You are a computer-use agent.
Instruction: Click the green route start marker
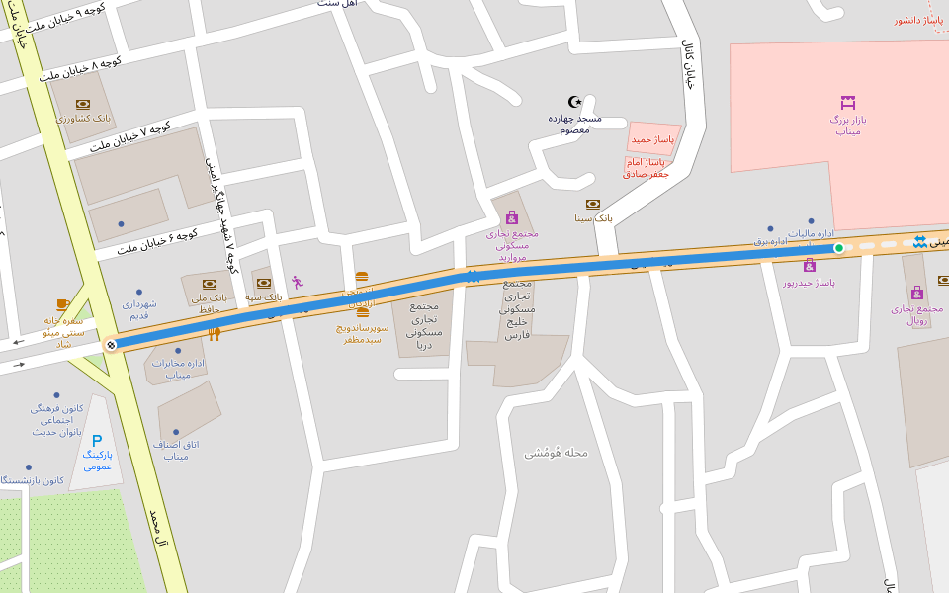click(x=838, y=248)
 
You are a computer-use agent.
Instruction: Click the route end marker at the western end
click(x=111, y=345)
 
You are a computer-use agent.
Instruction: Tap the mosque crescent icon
click(x=575, y=101)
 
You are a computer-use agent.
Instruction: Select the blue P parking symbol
click(x=97, y=440)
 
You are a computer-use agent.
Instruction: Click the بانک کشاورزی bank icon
click(x=83, y=104)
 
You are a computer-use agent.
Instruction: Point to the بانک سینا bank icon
click(x=593, y=204)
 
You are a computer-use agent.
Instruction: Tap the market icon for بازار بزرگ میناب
click(x=847, y=102)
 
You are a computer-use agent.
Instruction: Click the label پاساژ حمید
click(x=652, y=139)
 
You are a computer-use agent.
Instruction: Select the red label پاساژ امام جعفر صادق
click(x=647, y=167)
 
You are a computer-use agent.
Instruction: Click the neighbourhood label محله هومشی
click(x=556, y=453)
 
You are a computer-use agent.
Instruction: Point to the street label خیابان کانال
click(x=689, y=65)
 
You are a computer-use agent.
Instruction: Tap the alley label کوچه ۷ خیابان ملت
click(x=130, y=137)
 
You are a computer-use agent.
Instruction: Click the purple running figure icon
click(x=297, y=282)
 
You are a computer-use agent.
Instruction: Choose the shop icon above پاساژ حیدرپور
click(x=810, y=265)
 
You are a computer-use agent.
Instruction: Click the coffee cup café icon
click(x=63, y=304)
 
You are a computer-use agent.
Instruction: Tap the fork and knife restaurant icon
click(x=214, y=334)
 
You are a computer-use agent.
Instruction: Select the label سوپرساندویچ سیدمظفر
click(x=363, y=333)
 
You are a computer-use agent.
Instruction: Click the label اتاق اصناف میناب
click(x=176, y=450)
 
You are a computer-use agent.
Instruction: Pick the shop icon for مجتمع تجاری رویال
click(x=917, y=293)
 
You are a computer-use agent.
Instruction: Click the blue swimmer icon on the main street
click(x=920, y=242)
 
